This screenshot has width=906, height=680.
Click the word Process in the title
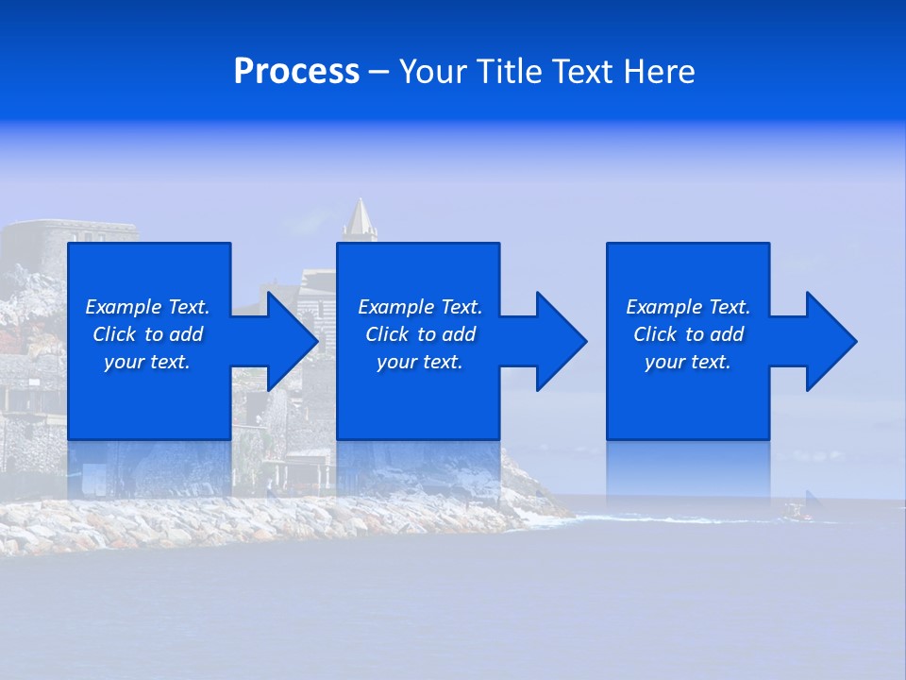(296, 72)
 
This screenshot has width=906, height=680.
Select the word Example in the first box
(124, 307)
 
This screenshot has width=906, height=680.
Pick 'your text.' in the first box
(147, 362)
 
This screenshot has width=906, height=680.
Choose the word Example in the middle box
(396, 307)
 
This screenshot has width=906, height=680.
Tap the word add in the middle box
(459, 334)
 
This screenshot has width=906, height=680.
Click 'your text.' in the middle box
(419, 362)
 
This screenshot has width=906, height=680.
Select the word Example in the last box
(664, 307)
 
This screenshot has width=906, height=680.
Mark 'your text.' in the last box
(688, 362)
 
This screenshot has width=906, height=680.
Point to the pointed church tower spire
(360, 217)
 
